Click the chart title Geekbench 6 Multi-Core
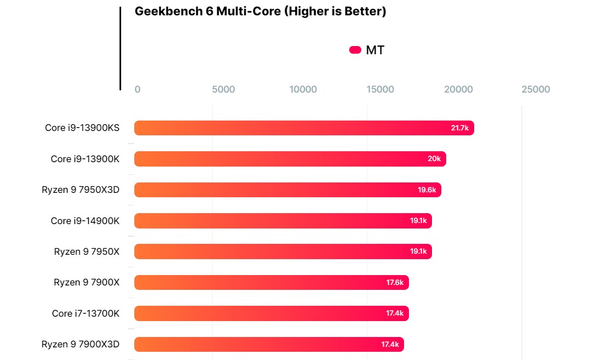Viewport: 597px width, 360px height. pos(260,12)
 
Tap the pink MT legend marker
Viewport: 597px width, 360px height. pos(355,50)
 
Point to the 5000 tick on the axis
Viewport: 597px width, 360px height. pos(223,89)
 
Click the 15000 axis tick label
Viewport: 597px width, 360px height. pos(380,89)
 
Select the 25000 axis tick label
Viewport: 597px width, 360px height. pos(536,89)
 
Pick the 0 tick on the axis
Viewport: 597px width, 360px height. pos(138,89)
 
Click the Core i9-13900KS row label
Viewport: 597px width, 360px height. pos(82,128)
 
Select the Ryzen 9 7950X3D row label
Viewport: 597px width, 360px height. pos(81,190)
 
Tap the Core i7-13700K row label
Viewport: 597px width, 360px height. pos(86,313)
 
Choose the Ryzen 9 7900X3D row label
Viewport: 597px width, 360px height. pos(81,345)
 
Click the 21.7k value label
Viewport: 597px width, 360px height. pos(459,128)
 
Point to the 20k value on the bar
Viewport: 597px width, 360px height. pos(434,159)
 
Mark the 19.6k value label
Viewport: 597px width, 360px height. pos(427,190)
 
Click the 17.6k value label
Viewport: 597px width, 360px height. pos(395,283)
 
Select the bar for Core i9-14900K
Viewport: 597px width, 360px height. pos(283,221)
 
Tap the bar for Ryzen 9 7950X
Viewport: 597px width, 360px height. pos(283,252)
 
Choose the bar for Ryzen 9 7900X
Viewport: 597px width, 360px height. pos(271,283)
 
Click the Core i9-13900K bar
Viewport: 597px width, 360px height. pos(290,159)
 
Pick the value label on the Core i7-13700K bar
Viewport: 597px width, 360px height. pos(395,313)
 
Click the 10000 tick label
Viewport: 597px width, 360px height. pos(303,89)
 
